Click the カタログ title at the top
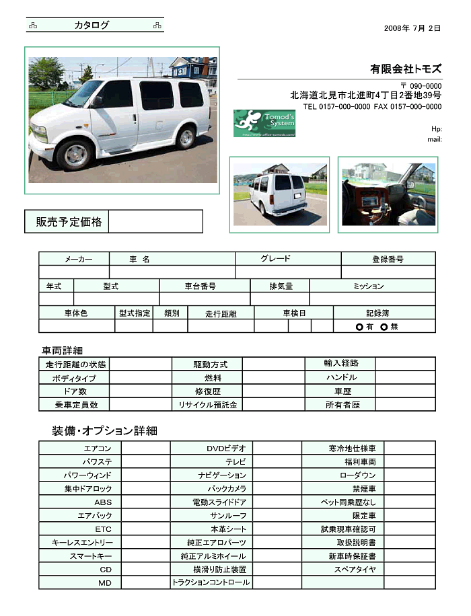click(92, 26)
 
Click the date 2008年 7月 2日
click(412, 28)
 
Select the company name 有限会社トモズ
click(405, 69)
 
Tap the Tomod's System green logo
click(264, 123)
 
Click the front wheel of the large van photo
click(74, 154)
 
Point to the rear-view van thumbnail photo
click(279, 194)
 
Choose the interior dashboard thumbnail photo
click(388, 194)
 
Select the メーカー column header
click(74, 259)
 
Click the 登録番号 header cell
click(388, 259)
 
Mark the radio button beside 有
click(359, 327)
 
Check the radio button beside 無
click(384, 327)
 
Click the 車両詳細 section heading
click(62, 350)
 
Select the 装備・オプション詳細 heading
click(104, 430)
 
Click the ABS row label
click(102, 502)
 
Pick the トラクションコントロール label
click(211, 582)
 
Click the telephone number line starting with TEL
click(372, 106)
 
